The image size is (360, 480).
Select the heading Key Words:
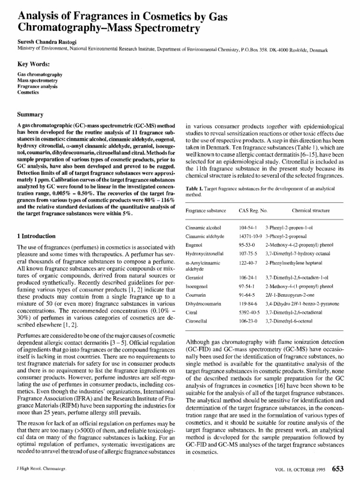coord(34,64)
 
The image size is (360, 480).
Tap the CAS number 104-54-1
coord(247,227)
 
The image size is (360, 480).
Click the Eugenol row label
coord(194,244)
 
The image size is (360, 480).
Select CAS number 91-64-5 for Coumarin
coord(247,295)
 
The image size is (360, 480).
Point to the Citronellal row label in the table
coord(197,320)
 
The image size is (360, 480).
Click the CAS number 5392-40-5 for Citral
coord(249,312)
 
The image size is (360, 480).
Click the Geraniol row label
coord(195,278)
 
